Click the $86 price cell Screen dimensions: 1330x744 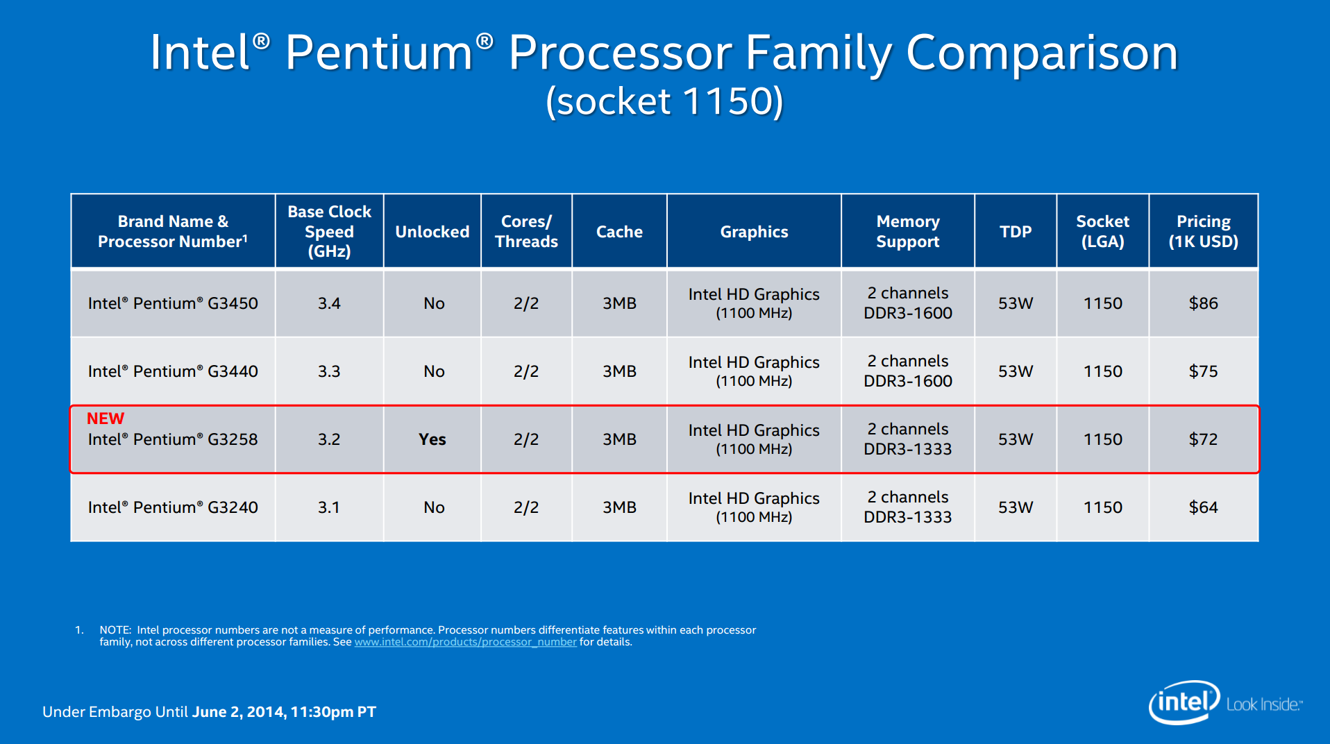pyautogui.click(x=1203, y=303)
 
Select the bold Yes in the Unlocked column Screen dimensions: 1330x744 pyautogui.click(x=432, y=439)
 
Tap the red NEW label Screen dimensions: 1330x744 pyautogui.click(x=106, y=418)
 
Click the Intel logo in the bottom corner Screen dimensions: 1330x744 pyautogui.click(x=1184, y=702)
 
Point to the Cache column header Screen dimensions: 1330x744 pyautogui.click(x=619, y=232)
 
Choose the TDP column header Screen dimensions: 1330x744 pyautogui.click(x=1016, y=232)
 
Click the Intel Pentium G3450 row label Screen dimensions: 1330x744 pyautogui.click(x=173, y=303)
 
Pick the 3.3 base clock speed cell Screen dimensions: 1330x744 pyautogui.click(x=329, y=371)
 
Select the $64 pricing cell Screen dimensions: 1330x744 pyautogui.click(x=1203, y=507)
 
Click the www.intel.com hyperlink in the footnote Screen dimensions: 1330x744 pyautogui.click(x=465, y=642)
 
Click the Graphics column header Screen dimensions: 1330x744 pyautogui.click(x=754, y=232)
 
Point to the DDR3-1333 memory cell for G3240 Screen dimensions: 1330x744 pyautogui.click(x=908, y=517)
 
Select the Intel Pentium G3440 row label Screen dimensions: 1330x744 pyautogui.click(x=173, y=371)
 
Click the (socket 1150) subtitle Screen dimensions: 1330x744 pyautogui.click(x=664, y=101)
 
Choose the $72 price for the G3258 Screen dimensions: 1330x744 pyautogui.click(x=1203, y=439)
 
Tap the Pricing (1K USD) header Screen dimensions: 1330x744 pyautogui.click(x=1203, y=232)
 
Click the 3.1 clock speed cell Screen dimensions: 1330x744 pyautogui.click(x=329, y=507)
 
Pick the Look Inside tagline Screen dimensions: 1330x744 pyautogui.click(x=1264, y=704)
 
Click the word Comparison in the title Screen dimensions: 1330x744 pyautogui.click(x=1042, y=54)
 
